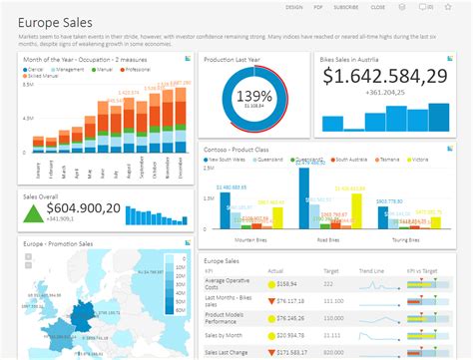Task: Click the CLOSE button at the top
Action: [x=378, y=6]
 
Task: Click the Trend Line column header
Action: [x=372, y=269]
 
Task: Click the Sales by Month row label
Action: [x=226, y=335]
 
